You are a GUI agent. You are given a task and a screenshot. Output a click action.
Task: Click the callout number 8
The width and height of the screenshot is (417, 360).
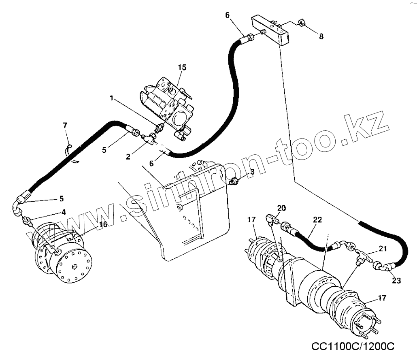click(x=321, y=36)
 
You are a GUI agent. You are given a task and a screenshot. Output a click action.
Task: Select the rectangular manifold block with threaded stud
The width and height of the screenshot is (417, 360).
click(x=270, y=31)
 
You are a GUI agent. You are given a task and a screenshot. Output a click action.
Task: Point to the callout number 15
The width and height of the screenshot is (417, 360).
click(x=182, y=68)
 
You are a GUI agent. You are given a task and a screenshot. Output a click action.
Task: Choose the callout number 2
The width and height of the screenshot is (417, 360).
click(x=128, y=156)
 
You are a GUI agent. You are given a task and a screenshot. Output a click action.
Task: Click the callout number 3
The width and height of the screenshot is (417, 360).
click(x=252, y=172)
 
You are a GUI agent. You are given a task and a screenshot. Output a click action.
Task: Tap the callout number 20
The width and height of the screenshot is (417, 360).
click(x=281, y=208)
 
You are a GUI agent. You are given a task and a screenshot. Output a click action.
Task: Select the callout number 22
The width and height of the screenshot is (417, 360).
click(x=317, y=219)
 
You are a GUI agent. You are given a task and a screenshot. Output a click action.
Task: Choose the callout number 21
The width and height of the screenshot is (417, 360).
click(x=383, y=248)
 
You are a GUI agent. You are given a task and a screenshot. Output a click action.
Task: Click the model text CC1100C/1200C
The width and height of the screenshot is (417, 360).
click(x=353, y=347)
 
